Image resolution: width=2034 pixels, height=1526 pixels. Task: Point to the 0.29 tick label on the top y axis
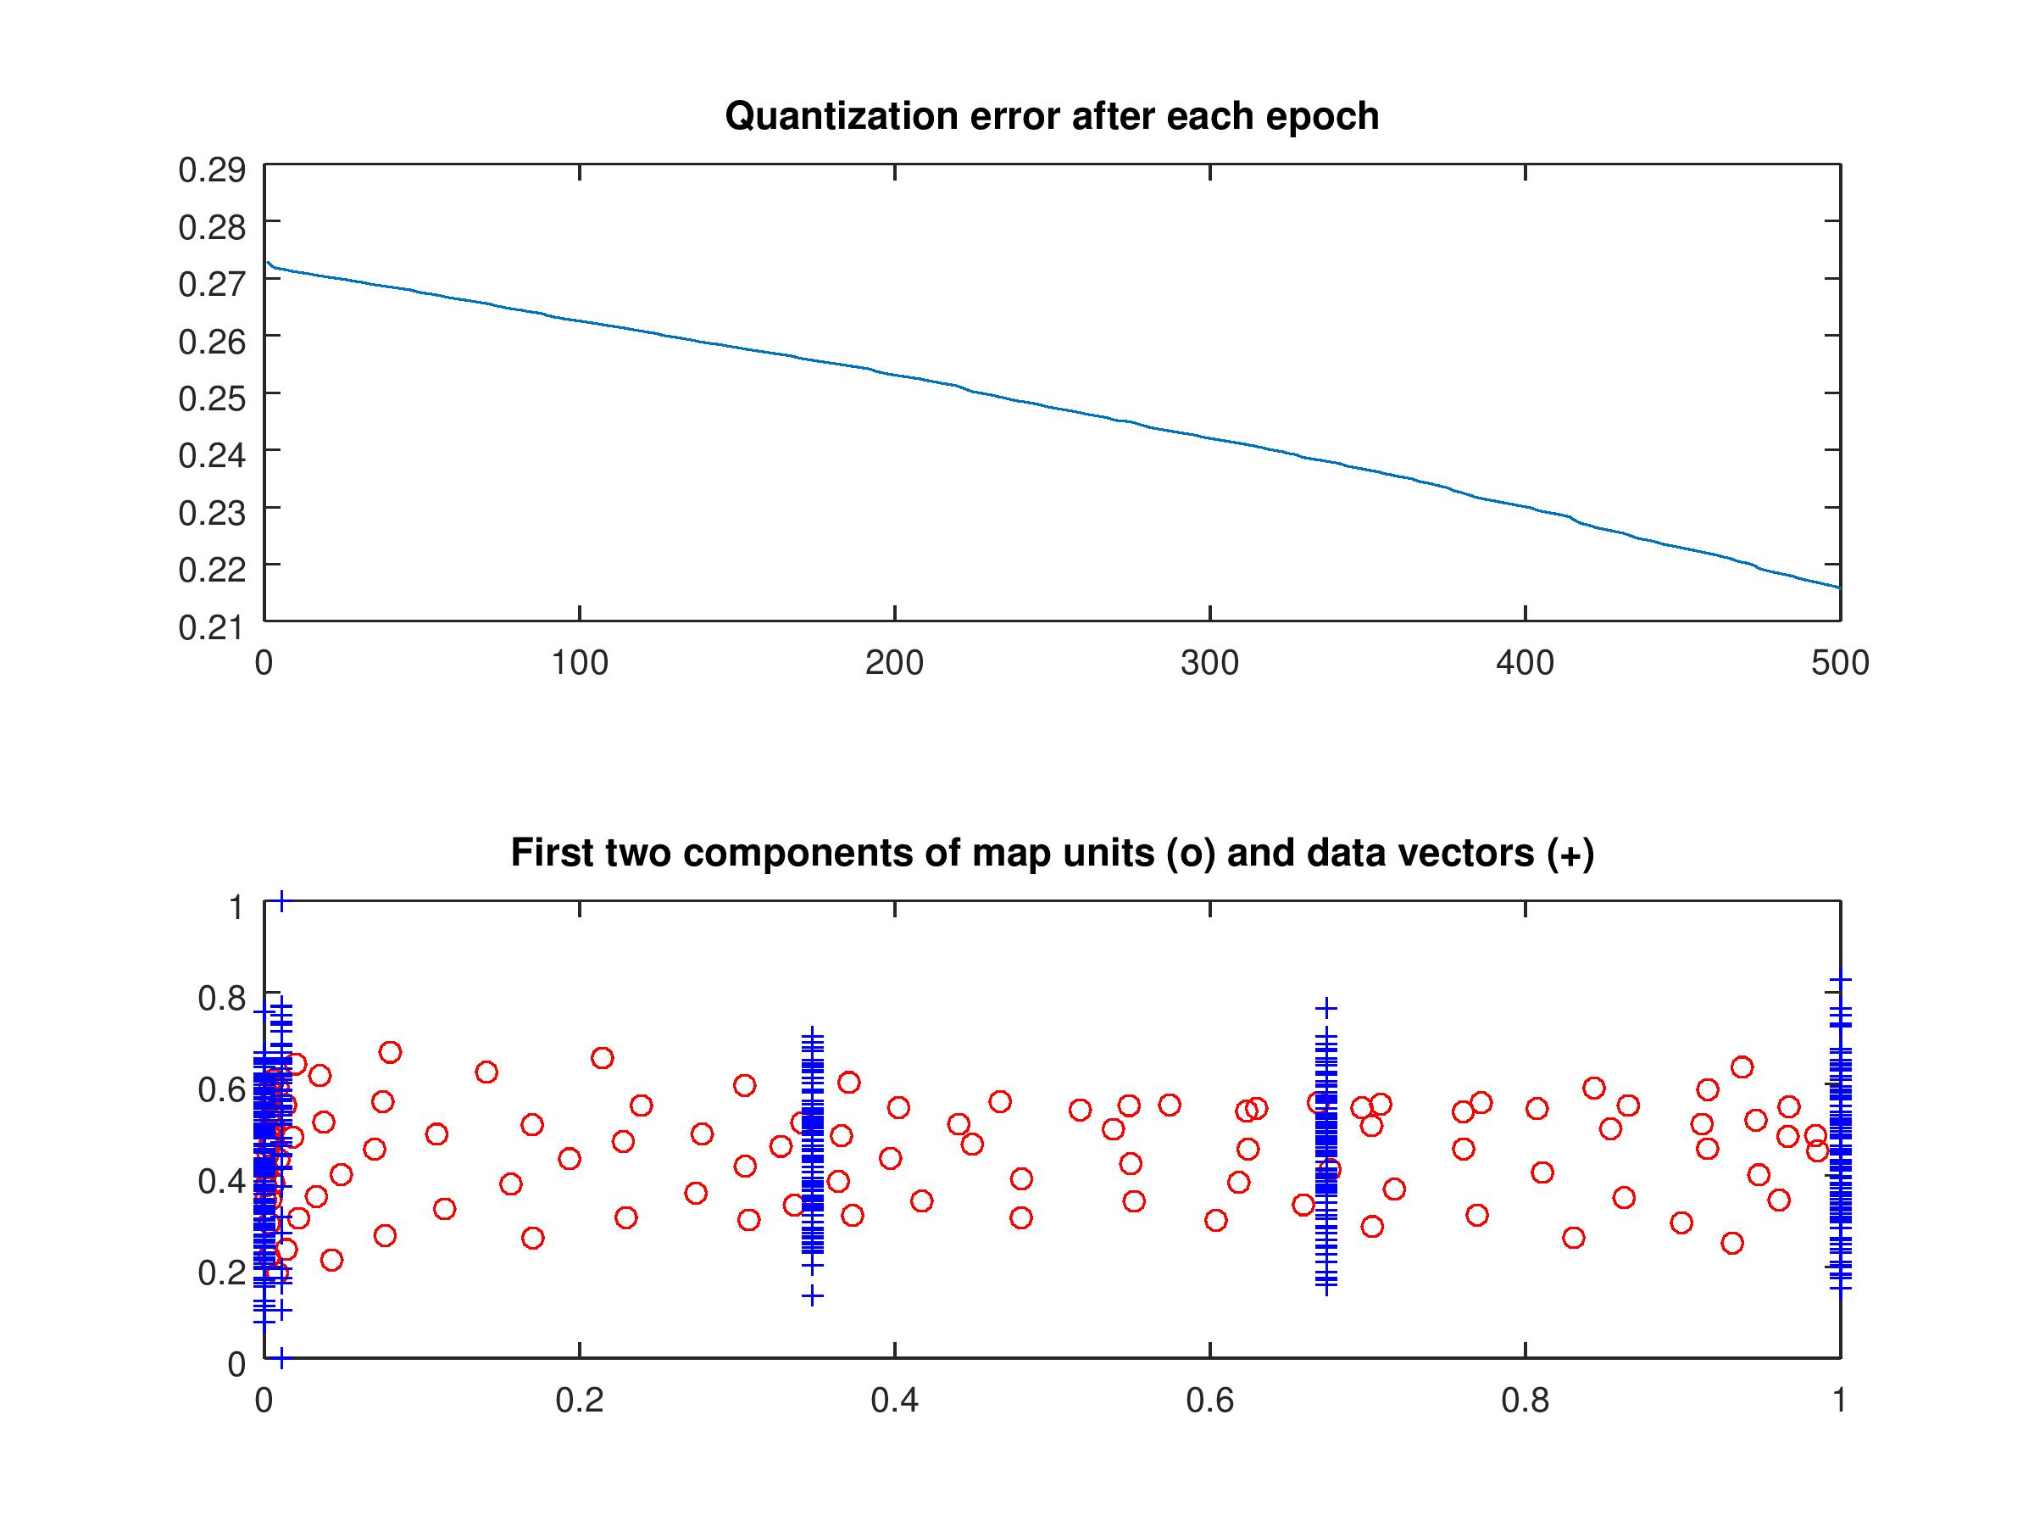[x=212, y=170]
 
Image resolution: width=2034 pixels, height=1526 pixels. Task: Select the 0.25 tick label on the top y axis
[x=212, y=398]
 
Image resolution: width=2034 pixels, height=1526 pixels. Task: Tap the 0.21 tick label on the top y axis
[x=212, y=627]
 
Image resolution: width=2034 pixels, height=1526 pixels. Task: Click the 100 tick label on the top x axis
[x=580, y=663]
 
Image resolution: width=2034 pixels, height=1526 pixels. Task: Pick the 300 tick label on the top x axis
[x=1209, y=663]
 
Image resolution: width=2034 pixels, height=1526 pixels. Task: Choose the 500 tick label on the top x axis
[x=1839, y=663]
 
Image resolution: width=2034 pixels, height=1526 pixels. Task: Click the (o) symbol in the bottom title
[x=1191, y=854]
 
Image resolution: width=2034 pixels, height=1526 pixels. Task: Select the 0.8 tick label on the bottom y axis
[x=221, y=998]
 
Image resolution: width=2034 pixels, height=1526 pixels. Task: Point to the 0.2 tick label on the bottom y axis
[x=221, y=1273]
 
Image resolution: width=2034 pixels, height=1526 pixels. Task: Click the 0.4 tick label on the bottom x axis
[x=894, y=1401]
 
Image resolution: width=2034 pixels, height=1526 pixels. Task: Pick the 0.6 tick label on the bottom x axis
[x=1209, y=1401]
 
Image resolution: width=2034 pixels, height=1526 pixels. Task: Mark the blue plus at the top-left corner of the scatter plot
[x=281, y=901]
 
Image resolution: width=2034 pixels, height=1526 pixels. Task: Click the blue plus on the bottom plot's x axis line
[x=281, y=1357]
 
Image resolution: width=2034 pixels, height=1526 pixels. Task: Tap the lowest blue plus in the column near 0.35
[x=812, y=1296]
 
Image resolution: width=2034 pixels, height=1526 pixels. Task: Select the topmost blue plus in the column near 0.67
[x=1325, y=1008]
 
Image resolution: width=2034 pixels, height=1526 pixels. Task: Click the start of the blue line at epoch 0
[x=267, y=262]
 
